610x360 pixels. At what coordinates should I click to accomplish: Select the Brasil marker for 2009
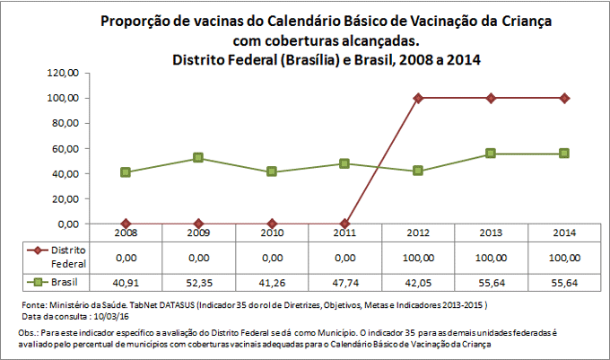coord(198,158)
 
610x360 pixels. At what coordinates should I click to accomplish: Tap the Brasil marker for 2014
coord(564,154)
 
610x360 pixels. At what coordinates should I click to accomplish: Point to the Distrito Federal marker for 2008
coord(125,224)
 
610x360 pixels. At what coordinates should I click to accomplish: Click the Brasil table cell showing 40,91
coord(125,282)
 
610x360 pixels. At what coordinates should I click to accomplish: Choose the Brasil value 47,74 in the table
coord(344,282)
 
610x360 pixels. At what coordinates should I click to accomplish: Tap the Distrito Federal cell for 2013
coord(491,257)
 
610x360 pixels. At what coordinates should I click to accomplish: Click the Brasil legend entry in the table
coord(56,282)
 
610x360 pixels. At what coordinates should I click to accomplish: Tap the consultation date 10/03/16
coord(109,317)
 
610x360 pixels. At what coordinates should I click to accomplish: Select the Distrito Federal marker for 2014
coord(564,97)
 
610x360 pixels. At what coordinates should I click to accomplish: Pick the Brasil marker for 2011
coord(344,163)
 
